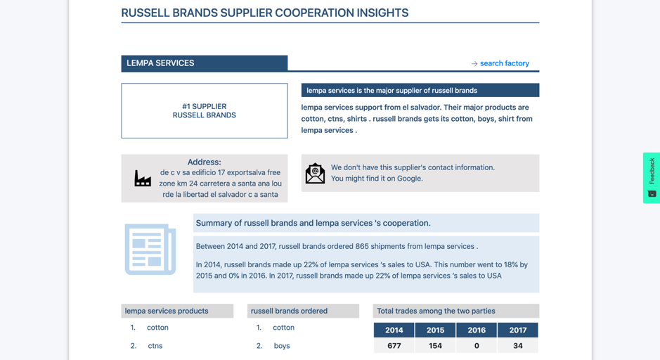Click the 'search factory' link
[504, 63]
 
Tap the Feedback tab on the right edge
[652, 178]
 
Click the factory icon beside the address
[143, 178]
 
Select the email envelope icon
[315, 174]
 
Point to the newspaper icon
[150, 250]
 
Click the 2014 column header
[394, 330]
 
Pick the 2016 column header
[477, 330]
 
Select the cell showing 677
[394, 346]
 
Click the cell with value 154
[435, 346]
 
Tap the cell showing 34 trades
[518, 346]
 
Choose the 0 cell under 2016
[477, 346]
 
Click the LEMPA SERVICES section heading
[160, 63]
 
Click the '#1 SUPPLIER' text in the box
[204, 107]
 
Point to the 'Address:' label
[204, 162]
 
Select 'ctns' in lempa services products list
[155, 346]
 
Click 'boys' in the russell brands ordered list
[282, 346]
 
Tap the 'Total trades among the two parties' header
[436, 311]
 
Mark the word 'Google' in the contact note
[409, 179]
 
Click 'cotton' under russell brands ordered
[283, 328]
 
